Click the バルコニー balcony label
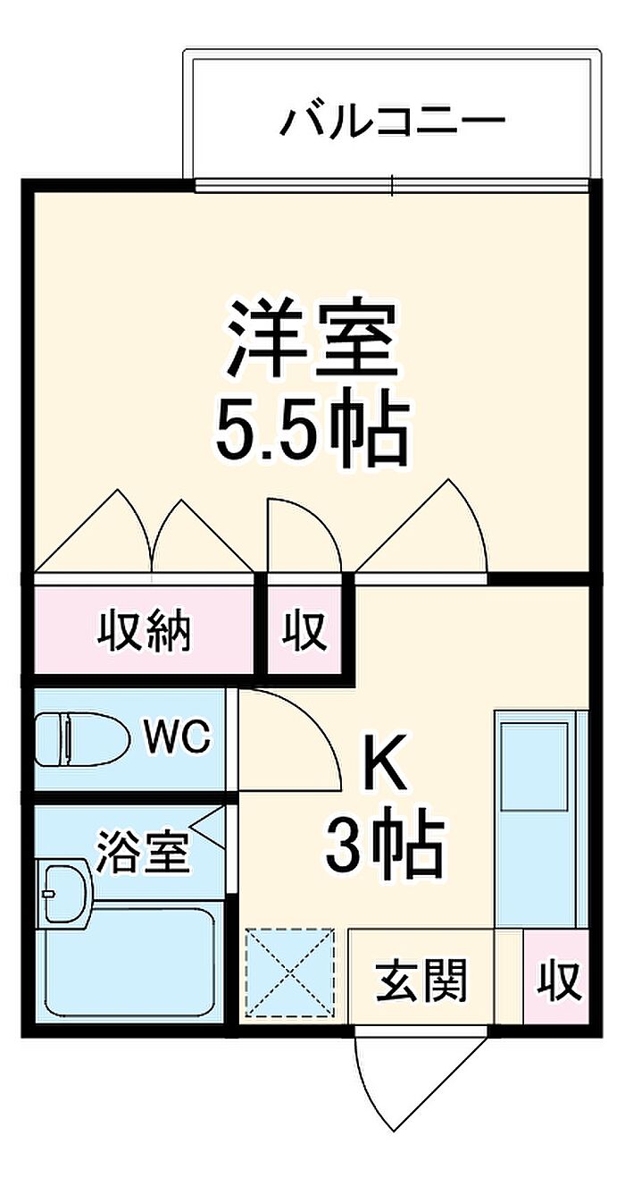tap(393, 122)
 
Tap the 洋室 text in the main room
tap(312, 339)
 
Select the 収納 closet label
tap(144, 631)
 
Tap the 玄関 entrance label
tap(421, 980)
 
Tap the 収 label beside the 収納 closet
tap(304, 631)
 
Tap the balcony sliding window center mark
tap(392, 185)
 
